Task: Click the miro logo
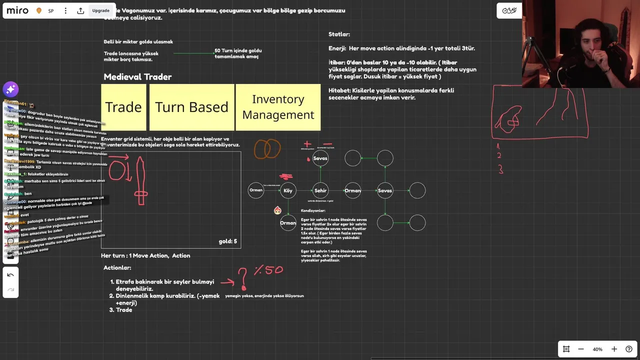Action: coord(17,10)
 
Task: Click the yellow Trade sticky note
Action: coord(123,107)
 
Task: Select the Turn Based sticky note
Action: coord(191,107)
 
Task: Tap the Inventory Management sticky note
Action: coord(278,107)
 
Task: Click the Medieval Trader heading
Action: coord(137,77)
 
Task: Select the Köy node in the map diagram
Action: coord(288,190)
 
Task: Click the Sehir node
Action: coord(320,190)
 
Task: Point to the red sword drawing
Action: coord(141,181)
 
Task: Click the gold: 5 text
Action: coord(227,241)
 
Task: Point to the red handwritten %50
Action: coord(268,270)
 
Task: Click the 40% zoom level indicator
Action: coord(597,349)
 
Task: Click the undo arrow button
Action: coord(10,275)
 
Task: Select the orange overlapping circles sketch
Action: coord(267,149)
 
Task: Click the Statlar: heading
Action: coord(339,34)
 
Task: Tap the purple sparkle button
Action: coord(10,89)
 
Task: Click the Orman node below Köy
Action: coord(288,223)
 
